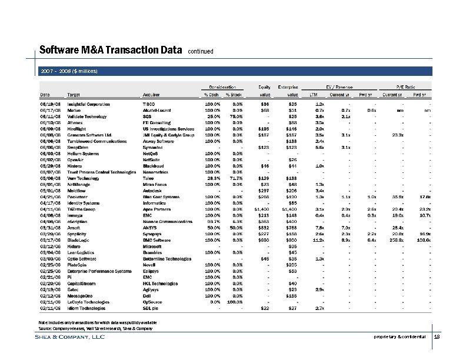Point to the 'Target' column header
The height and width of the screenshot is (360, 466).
74,94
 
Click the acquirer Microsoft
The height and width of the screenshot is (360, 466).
154,246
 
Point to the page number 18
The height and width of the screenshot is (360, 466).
437,337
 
